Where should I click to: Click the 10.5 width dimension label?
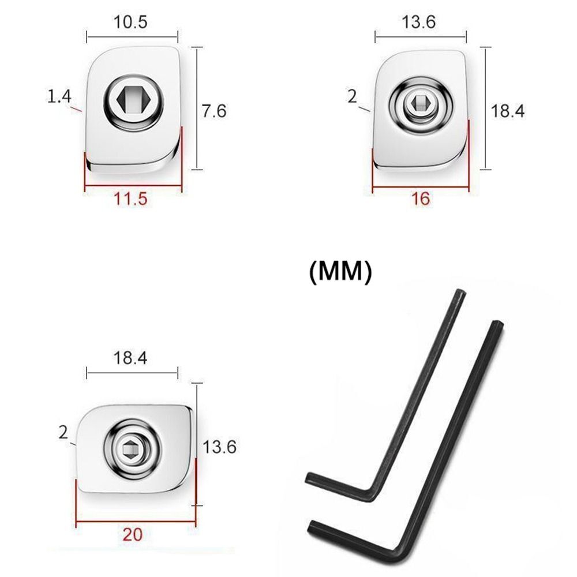(132, 23)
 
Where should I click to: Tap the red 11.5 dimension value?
(132, 199)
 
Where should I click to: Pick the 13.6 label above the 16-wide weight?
(419, 23)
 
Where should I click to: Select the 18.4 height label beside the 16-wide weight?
(507, 111)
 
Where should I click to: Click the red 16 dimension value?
(421, 199)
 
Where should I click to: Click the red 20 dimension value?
(133, 534)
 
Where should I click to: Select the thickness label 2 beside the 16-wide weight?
(352, 96)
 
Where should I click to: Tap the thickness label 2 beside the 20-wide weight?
(63, 432)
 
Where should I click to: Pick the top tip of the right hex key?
(499, 324)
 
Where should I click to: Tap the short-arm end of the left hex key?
(309, 477)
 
